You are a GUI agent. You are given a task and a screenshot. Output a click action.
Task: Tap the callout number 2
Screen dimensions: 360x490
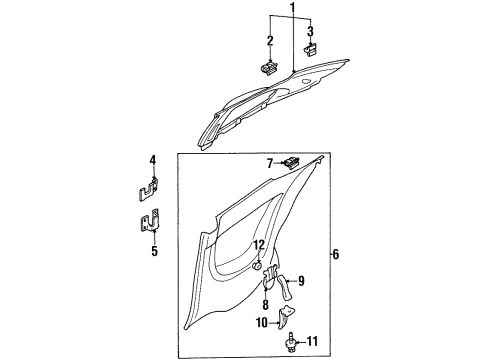(x=270, y=40)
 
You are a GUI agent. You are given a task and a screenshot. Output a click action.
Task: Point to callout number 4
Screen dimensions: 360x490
(x=153, y=160)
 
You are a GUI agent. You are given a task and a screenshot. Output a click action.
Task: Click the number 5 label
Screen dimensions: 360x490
(x=153, y=251)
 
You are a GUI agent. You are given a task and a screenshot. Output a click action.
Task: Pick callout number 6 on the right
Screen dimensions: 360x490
(x=335, y=255)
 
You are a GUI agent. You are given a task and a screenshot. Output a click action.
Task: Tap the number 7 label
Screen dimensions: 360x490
(x=269, y=162)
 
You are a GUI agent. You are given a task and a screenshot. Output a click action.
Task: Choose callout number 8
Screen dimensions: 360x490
(x=266, y=305)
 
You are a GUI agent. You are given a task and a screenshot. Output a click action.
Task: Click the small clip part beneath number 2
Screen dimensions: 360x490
(x=270, y=68)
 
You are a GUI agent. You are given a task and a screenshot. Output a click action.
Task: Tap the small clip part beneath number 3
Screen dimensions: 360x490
(x=311, y=48)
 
